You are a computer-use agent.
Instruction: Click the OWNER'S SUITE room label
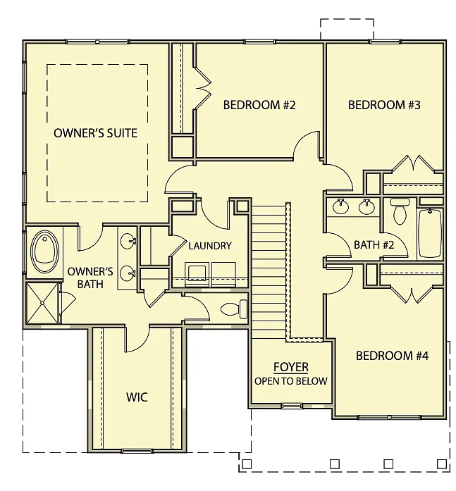pyautogui.click(x=95, y=132)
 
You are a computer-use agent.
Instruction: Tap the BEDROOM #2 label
pyautogui.click(x=259, y=106)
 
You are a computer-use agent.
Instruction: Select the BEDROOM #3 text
pyautogui.click(x=384, y=106)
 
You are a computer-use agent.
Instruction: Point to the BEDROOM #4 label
pyautogui.click(x=392, y=356)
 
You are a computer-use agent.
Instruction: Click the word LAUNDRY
pyautogui.click(x=210, y=246)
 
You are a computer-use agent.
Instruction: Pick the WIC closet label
pyautogui.click(x=137, y=397)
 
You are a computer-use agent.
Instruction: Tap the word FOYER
pyautogui.click(x=291, y=368)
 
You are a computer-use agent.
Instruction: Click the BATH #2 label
pyautogui.click(x=373, y=245)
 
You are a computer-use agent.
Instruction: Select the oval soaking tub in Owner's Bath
pyautogui.click(x=44, y=254)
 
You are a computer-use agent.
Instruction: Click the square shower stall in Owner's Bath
pyautogui.click(x=44, y=303)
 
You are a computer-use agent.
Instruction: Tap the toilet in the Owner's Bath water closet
pyautogui.click(x=234, y=309)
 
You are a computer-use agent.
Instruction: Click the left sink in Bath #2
pyautogui.click(x=341, y=207)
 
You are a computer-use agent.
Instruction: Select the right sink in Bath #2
pyautogui.click(x=366, y=207)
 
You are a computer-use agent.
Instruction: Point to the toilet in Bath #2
pyautogui.click(x=400, y=212)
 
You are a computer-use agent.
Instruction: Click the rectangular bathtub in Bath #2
pyautogui.click(x=430, y=234)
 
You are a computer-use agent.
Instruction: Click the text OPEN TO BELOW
pyautogui.click(x=291, y=381)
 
